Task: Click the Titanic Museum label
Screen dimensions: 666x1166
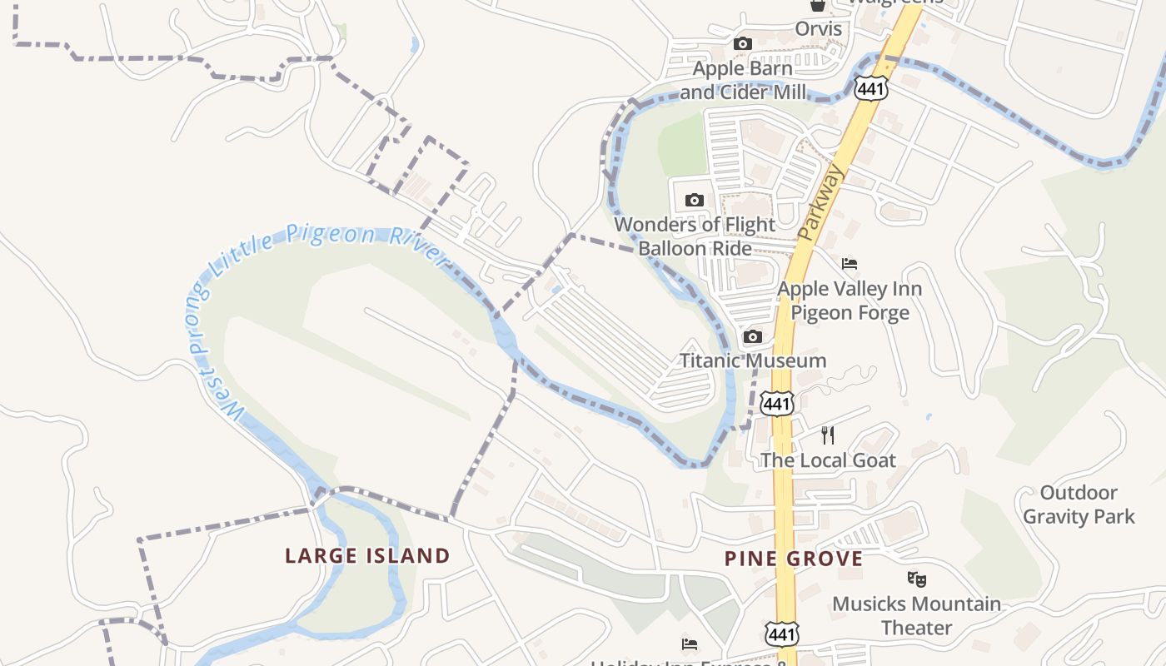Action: pos(753,360)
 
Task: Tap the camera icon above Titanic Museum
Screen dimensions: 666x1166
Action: pos(753,337)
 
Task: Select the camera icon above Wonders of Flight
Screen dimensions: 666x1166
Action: pos(694,200)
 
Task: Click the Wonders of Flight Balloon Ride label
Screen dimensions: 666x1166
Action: pos(695,236)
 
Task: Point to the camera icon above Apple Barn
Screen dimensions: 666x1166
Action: pos(742,44)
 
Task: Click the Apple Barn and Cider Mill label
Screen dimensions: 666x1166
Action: pos(743,80)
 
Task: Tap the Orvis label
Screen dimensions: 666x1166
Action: pos(818,29)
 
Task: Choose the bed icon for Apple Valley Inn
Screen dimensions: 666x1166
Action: pos(850,264)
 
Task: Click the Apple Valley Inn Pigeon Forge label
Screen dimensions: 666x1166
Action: pos(850,301)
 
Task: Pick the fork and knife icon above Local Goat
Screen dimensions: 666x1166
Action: pos(828,435)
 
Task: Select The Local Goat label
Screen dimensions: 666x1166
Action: pos(828,460)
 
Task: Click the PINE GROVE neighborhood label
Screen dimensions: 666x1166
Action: pos(793,559)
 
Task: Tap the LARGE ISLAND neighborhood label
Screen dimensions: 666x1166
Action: pos(367,555)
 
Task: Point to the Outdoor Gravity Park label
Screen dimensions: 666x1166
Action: pos(1079,504)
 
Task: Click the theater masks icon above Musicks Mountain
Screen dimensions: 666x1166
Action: pos(916,578)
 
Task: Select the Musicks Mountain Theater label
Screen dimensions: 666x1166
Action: pos(916,615)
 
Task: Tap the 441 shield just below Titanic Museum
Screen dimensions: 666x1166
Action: pos(777,404)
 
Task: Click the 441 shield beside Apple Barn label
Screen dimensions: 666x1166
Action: pos(870,87)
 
